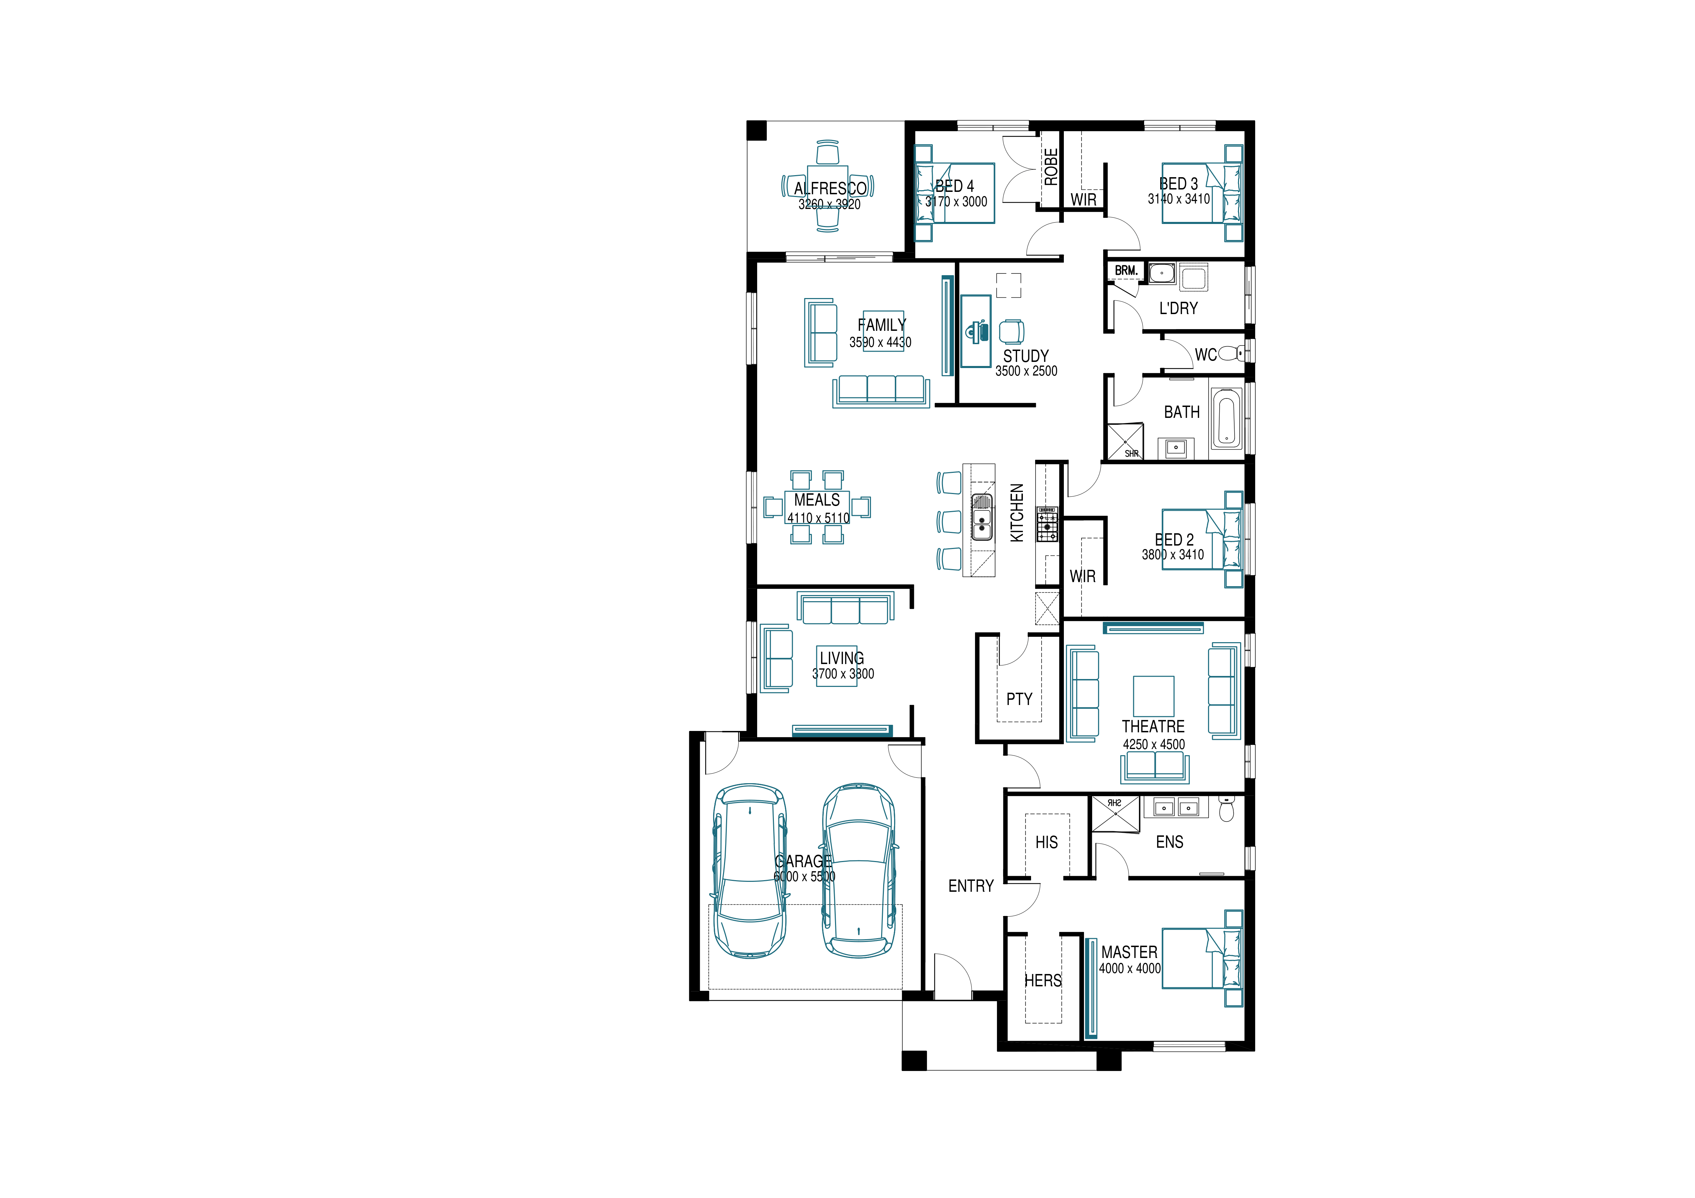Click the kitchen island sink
(982, 517)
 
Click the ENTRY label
(971, 886)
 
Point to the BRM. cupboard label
(1126, 271)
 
